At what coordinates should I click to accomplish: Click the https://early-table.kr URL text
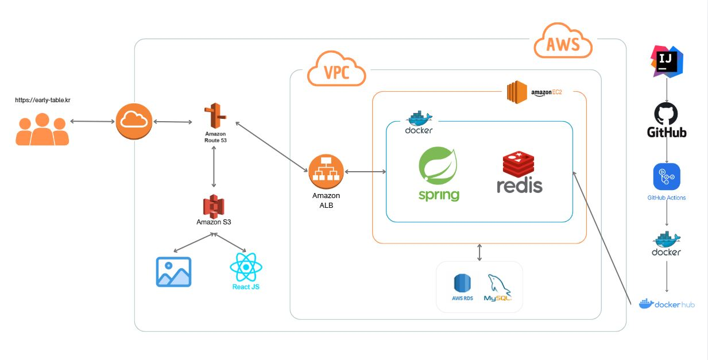coord(42,100)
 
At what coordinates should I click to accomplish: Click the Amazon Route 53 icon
coord(215,117)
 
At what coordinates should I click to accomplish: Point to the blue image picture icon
coord(173,272)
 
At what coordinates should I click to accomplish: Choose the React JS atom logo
coord(246,267)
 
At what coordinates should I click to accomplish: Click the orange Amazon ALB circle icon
coord(326,171)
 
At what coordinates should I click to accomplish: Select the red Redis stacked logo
coord(519,164)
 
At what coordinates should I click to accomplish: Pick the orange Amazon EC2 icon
coord(517,92)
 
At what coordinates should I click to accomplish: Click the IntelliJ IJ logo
coord(667,61)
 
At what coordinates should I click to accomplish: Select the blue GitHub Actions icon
coord(667,176)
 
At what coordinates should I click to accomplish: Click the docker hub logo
coord(667,304)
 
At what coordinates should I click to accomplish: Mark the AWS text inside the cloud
coord(563,44)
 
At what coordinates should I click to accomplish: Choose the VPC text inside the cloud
coord(336,73)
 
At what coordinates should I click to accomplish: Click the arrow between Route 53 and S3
coord(214,167)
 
